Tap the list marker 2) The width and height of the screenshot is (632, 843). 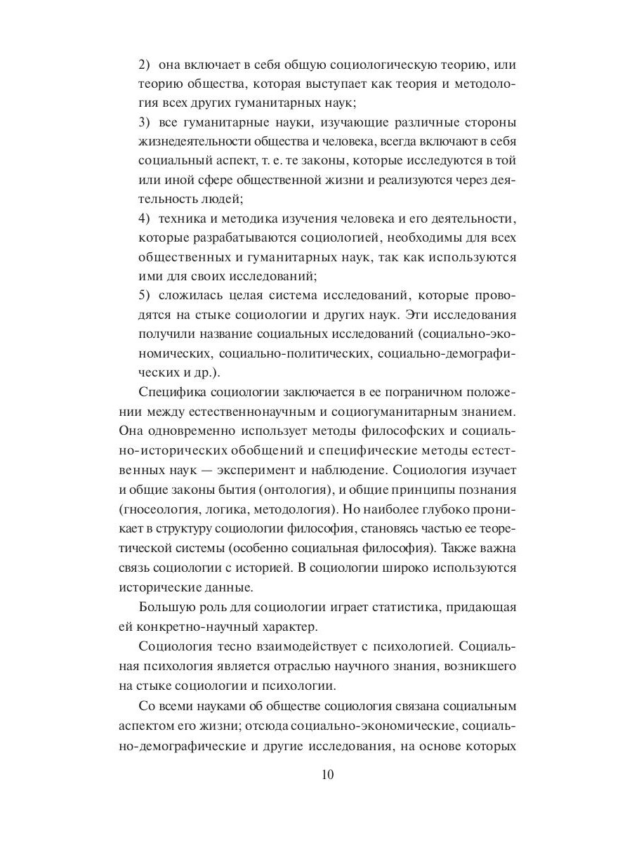tap(145, 65)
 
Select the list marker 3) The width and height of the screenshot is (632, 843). tap(145, 122)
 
